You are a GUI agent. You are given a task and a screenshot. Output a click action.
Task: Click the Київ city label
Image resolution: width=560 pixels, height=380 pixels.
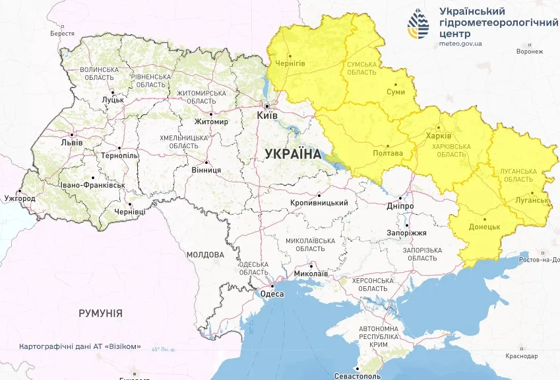click(267, 115)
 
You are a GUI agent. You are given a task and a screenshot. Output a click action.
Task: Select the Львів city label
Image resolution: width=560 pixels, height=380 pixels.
click(71, 142)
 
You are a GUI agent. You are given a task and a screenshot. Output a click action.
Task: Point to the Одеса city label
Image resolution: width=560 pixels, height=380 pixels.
click(272, 294)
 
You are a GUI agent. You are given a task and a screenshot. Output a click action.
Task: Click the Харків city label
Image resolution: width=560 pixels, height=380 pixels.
click(439, 135)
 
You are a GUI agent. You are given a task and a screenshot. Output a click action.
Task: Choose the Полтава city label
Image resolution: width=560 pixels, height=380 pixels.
click(388, 153)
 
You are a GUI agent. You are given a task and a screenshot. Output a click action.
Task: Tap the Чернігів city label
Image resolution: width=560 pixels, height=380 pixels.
click(290, 63)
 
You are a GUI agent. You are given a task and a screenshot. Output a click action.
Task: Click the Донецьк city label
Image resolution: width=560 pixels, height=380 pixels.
click(485, 226)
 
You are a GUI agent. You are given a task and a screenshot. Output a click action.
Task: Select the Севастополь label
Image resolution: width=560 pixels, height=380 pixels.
click(358, 375)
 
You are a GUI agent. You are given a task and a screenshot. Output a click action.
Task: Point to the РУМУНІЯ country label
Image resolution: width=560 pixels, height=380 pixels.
click(100, 313)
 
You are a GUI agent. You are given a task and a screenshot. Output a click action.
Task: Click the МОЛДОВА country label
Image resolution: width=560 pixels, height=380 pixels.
click(205, 254)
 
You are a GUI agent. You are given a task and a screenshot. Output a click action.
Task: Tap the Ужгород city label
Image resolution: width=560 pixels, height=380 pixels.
click(20, 198)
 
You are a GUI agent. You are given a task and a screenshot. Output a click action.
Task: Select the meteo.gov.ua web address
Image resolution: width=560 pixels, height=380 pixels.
click(460, 44)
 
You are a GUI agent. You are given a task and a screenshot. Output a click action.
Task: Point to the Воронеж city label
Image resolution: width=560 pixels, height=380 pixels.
click(530, 51)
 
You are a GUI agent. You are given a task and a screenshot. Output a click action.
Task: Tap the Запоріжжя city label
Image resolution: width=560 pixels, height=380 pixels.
click(406, 233)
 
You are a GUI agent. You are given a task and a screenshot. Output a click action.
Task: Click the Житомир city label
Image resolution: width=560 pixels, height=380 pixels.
click(211, 122)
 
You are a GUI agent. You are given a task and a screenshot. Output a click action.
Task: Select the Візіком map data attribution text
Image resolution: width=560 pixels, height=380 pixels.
click(80, 346)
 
